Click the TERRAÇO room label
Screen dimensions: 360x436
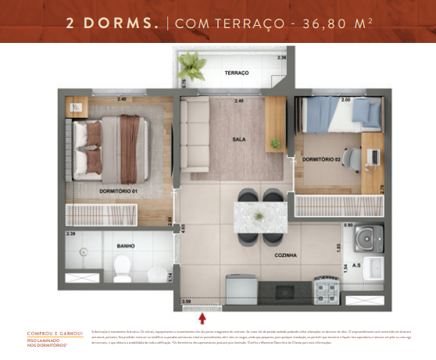point(236,73)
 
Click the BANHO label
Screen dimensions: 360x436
point(125,246)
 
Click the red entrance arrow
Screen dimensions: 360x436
point(203,317)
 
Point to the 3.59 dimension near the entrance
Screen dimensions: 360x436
point(186,301)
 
